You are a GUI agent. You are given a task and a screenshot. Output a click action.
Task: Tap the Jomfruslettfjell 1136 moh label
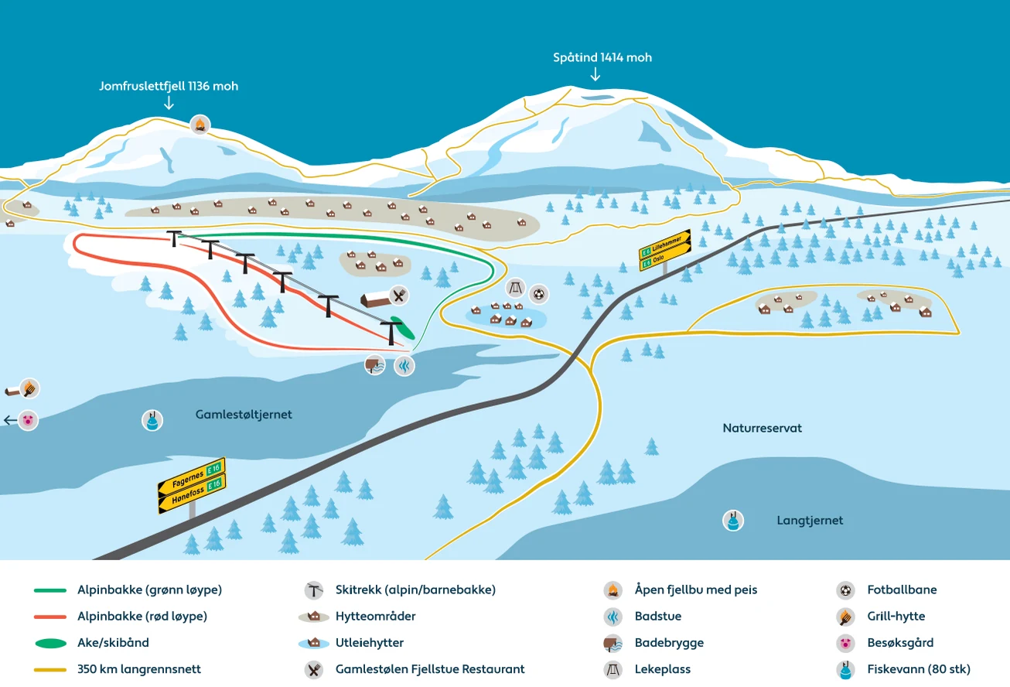[169, 87]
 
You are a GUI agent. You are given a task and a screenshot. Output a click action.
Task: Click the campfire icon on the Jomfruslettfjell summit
[200, 125]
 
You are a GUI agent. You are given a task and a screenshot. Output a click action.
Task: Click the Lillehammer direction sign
[665, 244]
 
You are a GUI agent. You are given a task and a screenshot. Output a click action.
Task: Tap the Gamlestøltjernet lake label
[244, 415]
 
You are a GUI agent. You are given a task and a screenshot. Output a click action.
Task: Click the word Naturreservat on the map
[762, 428]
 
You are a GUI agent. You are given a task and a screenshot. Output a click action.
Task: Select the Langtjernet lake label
[810, 521]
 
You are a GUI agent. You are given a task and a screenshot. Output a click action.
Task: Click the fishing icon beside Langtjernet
[732, 521]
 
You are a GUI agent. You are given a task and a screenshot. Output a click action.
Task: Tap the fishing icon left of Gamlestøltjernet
[152, 420]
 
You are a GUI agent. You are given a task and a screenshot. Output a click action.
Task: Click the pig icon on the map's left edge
[29, 420]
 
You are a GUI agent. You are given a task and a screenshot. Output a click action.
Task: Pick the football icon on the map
[538, 293]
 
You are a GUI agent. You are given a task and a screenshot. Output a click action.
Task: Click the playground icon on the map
[515, 289]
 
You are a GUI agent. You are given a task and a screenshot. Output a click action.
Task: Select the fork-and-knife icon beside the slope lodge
[398, 295]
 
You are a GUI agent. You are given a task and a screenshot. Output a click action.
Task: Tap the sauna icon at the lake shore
[404, 365]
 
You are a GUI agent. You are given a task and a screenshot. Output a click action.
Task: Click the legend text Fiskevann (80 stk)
[919, 669]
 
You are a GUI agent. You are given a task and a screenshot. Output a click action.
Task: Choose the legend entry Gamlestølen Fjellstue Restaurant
[430, 669]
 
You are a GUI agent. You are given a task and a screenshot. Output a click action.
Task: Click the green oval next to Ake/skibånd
[50, 643]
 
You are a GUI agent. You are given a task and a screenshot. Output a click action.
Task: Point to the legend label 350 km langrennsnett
[138, 669]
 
